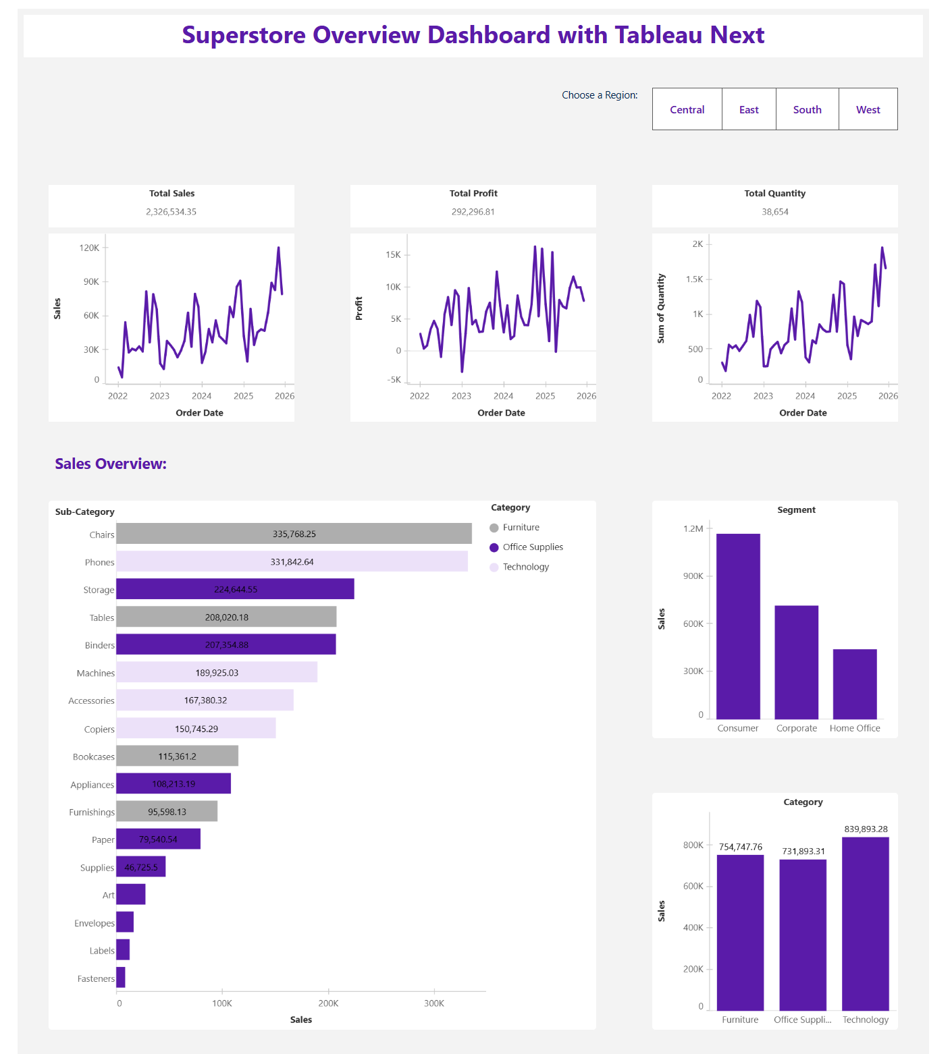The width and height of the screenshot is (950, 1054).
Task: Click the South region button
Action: pyautogui.click(x=807, y=109)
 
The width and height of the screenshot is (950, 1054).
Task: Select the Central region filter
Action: pyautogui.click(x=687, y=109)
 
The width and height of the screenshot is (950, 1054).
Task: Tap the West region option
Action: pyautogui.click(x=868, y=109)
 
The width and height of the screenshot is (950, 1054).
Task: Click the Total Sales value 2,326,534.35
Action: pyautogui.click(x=171, y=212)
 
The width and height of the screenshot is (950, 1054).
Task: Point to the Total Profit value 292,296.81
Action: pyautogui.click(x=473, y=212)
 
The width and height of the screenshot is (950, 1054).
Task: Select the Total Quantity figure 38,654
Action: pyautogui.click(x=774, y=212)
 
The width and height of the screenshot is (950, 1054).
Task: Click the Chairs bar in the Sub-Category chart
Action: pyautogui.click(x=294, y=534)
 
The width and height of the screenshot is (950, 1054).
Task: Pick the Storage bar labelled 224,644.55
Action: pyautogui.click(x=235, y=589)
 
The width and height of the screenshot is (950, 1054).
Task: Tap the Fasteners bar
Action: pyautogui.click(x=121, y=977)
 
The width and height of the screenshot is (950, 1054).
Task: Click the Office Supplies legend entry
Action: pyautogui.click(x=532, y=547)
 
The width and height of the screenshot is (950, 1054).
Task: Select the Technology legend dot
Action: pyautogui.click(x=494, y=567)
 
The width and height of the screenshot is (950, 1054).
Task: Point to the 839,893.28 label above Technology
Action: pyautogui.click(x=866, y=829)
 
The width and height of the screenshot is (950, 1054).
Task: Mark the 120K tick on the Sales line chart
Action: pyautogui.click(x=89, y=248)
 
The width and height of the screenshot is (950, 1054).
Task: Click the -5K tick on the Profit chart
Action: pyautogui.click(x=394, y=380)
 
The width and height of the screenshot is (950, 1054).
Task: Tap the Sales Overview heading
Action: pyautogui.click(x=111, y=464)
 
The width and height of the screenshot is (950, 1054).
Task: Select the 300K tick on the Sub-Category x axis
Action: pyautogui.click(x=434, y=1003)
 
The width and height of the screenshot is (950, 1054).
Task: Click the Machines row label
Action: pyautogui.click(x=95, y=673)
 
